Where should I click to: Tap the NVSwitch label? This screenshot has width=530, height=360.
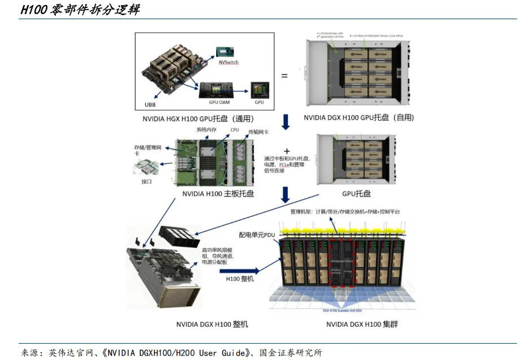pyautogui.click(x=229, y=63)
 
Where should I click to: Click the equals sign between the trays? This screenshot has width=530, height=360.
pyautogui.click(x=284, y=76)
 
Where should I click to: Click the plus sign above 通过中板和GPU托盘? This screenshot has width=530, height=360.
pyautogui.click(x=287, y=151)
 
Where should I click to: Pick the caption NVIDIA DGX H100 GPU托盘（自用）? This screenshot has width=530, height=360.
pyautogui.click(x=359, y=117)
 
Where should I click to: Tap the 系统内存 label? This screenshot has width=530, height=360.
pyautogui.click(x=206, y=129)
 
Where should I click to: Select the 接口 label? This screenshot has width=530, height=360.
pyautogui.click(x=146, y=182)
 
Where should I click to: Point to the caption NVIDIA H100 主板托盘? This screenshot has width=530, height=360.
pyautogui.click(x=218, y=194)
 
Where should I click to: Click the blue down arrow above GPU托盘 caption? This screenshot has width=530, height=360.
pyautogui.click(x=286, y=193)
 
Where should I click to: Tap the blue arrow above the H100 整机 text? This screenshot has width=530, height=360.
pyautogui.click(x=238, y=271)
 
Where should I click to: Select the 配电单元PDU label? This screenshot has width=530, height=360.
pyautogui.click(x=256, y=233)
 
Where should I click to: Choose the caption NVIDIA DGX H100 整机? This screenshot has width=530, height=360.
pyautogui.click(x=212, y=324)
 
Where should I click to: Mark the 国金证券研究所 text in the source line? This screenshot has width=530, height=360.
pyautogui.click(x=291, y=353)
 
